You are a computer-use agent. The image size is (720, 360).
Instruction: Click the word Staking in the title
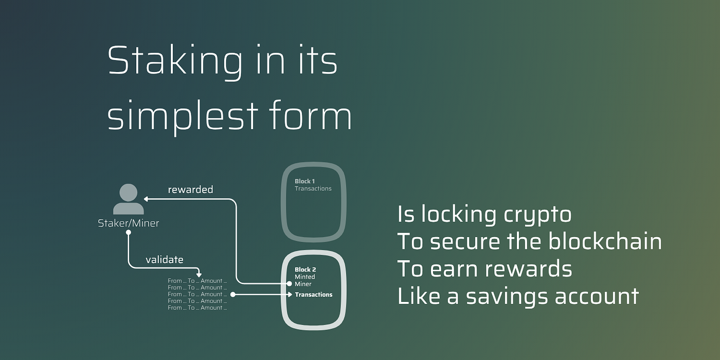[x=175, y=62]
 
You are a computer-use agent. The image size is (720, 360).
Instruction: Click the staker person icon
[x=128, y=199]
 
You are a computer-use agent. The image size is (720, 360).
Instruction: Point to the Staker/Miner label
[x=128, y=223]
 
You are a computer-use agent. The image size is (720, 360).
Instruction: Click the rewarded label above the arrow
[x=191, y=189]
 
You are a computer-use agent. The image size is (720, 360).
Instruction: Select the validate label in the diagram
[x=165, y=259]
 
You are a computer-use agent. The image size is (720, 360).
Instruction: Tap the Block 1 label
[x=304, y=181]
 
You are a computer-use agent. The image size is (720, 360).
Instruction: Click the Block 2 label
[x=305, y=269]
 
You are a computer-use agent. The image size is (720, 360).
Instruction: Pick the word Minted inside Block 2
[x=304, y=277]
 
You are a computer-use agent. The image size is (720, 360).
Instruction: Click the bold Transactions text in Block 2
[x=314, y=294]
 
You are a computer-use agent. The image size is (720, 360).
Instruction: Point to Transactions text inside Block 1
[x=313, y=188]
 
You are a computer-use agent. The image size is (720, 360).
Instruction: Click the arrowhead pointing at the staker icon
[x=146, y=200]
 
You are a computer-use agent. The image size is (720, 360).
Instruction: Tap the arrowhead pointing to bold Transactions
[x=290, y=294]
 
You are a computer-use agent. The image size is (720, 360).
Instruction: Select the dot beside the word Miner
[x=289, y=284]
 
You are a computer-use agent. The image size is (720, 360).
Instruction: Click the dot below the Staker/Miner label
[x=128, y=232]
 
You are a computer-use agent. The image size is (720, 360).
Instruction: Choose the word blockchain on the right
[x=605, y=241]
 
